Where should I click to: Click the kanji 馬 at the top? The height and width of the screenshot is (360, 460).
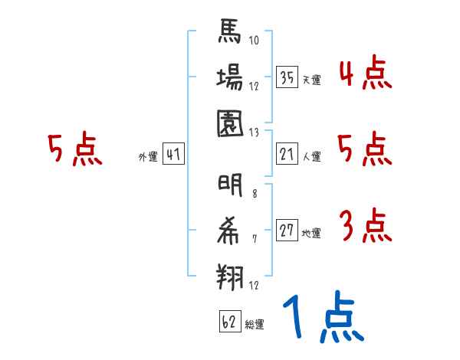pyautogui.click(x=230, y=34)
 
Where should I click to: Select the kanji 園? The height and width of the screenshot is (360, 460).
pyautogui.click(x=230, y=123)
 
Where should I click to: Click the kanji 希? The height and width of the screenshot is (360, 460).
pyautogui.click(x=230, y=230)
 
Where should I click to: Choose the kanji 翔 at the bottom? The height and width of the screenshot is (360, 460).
pyautogui.click(x=230, y=274)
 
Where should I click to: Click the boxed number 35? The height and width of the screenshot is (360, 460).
pyautogui.click(x=287, y=77)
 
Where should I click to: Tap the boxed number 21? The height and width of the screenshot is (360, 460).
pyautogui.click(x=287, y=155)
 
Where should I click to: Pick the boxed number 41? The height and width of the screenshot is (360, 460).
pyautogui.click(x=173, y=155)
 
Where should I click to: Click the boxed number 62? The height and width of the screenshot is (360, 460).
pyautogui.click(x=228, y=322)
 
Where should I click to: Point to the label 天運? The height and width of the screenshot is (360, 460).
pyautogui.click(x=311, y=80)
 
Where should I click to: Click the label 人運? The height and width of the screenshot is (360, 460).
pyautogui.click(x=311, y=157)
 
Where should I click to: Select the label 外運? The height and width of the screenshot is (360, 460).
pyautogui.click(x=147, y=157)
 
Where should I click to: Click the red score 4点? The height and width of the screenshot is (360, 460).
pyautogui.click(x=363, y=75)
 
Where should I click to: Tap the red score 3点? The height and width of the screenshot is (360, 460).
pyautogui.click(x=363, y=227)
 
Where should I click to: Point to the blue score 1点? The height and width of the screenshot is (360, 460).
pyautogui.click(x=323, y=318)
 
